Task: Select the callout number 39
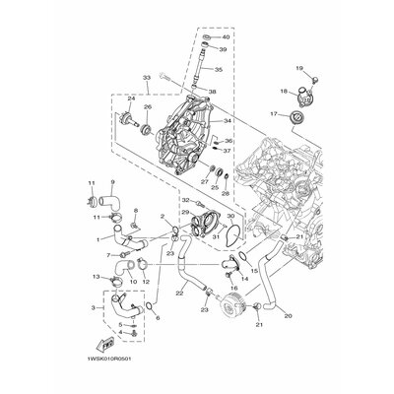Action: tap(224, 49)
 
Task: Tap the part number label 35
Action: tap(219, 70)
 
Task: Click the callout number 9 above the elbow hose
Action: tap(112, 183)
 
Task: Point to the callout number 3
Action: tap(92, 308)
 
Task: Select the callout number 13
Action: tap(97, 278)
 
